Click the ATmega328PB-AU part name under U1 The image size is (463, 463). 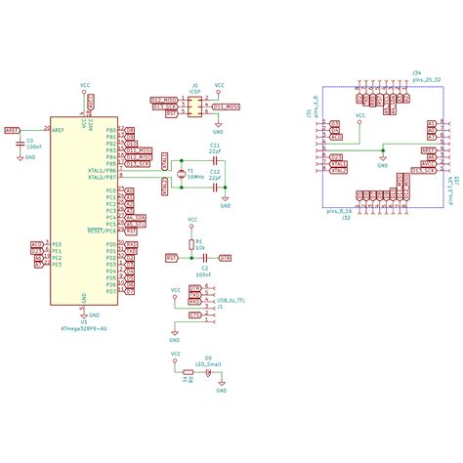(84, 329)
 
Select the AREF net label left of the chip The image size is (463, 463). (12, 129)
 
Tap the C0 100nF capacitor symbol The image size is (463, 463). (19, 143)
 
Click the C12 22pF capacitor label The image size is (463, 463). (214, 172)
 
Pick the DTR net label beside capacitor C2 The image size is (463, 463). (225, 258)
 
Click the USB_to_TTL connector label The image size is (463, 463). (231, 302)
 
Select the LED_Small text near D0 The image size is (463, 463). (209, 363)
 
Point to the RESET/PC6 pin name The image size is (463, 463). (103, 231)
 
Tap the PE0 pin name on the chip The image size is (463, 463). (57, 244)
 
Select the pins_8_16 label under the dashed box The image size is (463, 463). (339, 210)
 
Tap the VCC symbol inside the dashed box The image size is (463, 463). (359, 116)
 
